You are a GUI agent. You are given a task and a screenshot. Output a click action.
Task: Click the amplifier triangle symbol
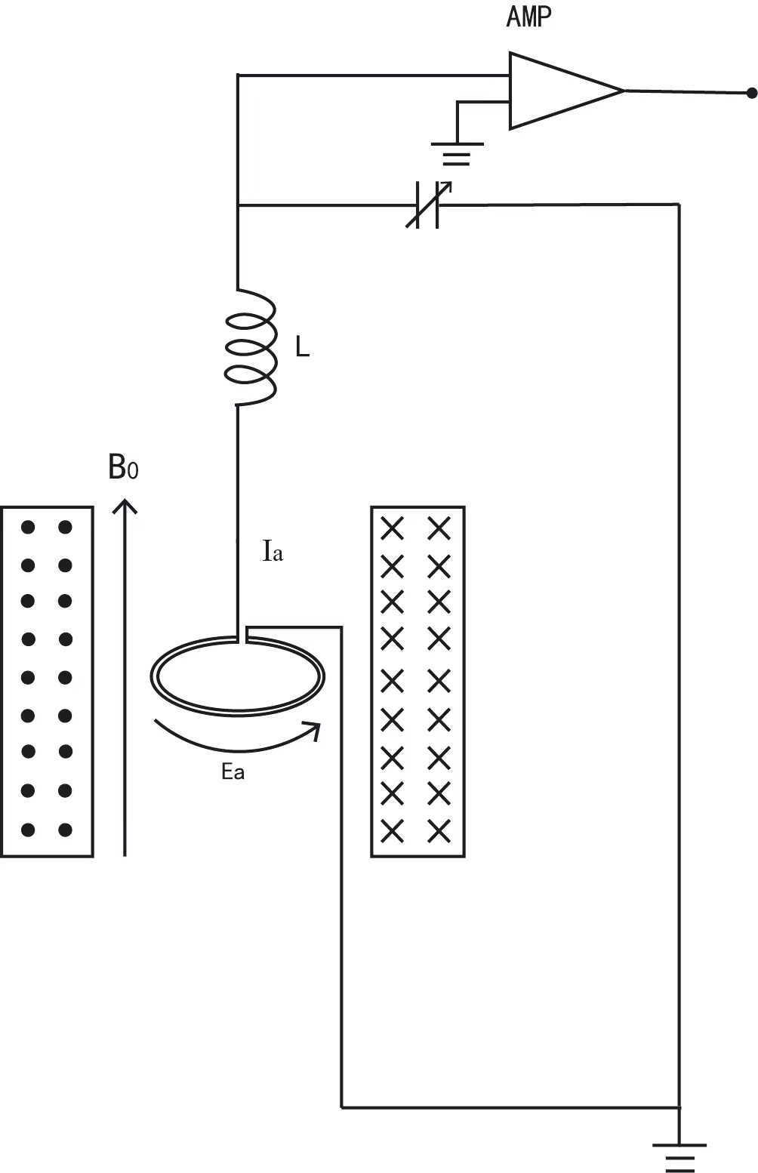click(559, 91)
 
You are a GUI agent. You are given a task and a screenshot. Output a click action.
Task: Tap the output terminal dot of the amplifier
click(750, 94)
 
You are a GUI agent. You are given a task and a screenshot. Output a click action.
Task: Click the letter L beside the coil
click(302, 348)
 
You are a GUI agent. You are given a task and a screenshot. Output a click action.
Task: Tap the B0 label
click(123, 469)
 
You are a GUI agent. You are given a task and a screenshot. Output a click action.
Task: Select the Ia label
click(273, 553)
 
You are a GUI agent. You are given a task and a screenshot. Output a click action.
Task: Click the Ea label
click(233, 773)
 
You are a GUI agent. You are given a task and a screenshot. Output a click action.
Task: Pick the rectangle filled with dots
click(48, 682)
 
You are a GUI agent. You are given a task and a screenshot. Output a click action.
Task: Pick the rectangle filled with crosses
click(418, 682)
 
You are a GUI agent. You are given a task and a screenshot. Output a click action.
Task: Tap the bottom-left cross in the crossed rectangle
click(392, 831)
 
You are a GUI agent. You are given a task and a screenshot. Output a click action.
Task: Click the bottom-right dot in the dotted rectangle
click(65, 830)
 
